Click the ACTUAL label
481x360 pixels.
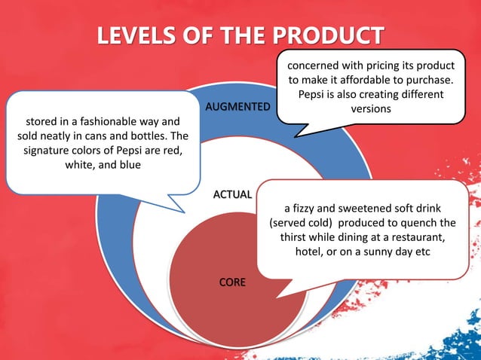click(232, 195)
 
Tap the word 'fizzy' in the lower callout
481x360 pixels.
click(305, 208)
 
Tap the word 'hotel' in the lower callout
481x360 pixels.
click(308, 252)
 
